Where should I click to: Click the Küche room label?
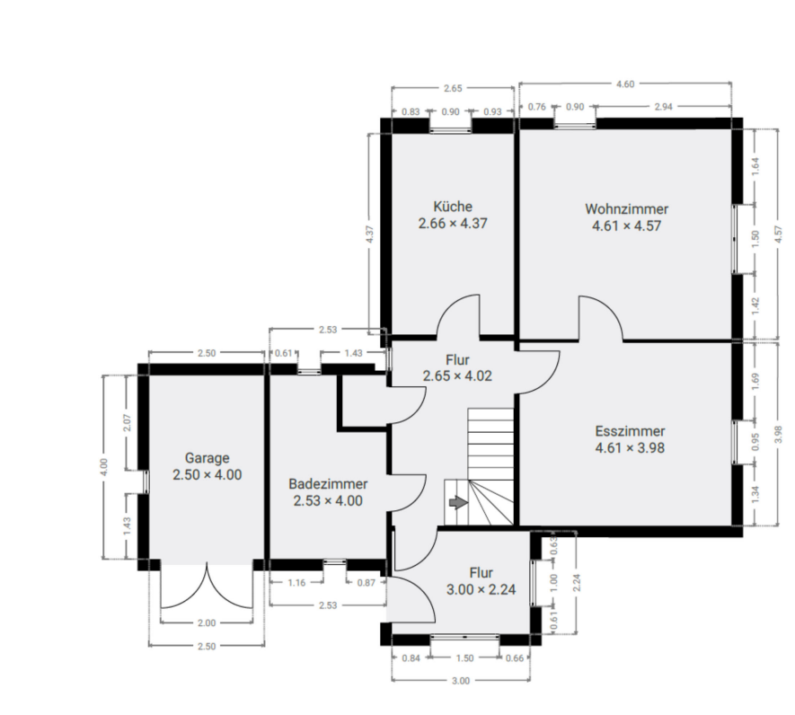(452, 206)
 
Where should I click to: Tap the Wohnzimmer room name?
(626, 209)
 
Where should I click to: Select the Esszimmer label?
(629, 429)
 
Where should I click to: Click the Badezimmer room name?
(328, 483)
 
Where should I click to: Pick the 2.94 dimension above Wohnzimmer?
(663, 107)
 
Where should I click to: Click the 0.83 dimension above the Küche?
(410, 111)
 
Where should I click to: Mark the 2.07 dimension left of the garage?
(128, 420)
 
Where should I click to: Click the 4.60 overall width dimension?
(624, 84)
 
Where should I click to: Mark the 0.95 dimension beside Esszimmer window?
(755, 442)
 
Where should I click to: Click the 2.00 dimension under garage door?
(206, 622)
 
